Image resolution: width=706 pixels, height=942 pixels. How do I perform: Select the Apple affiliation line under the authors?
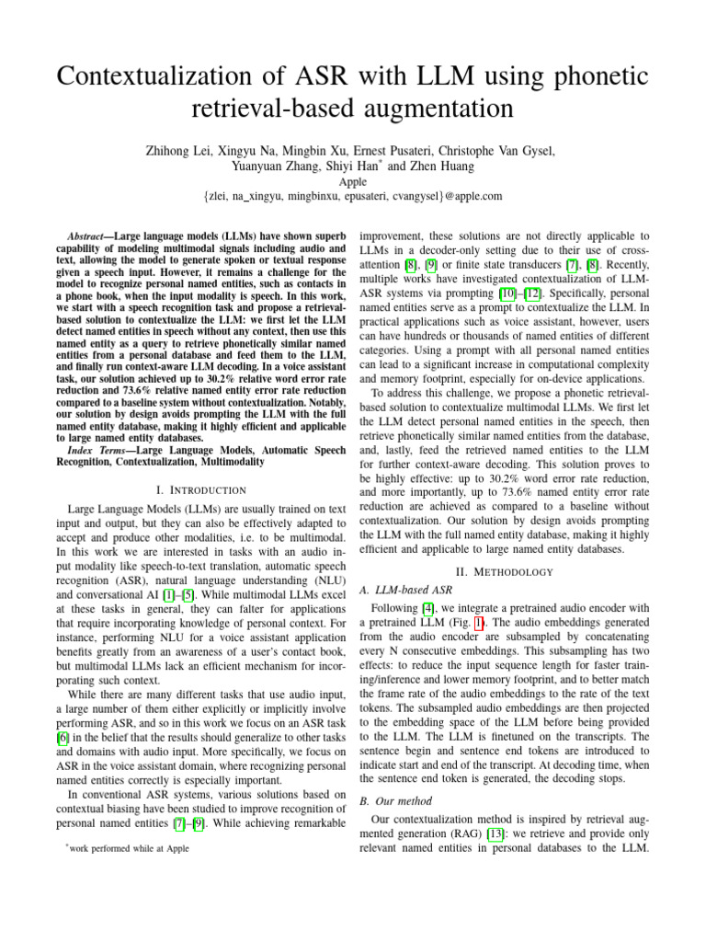coord(353,182)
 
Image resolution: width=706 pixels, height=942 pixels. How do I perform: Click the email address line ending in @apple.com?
coord(353,197)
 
